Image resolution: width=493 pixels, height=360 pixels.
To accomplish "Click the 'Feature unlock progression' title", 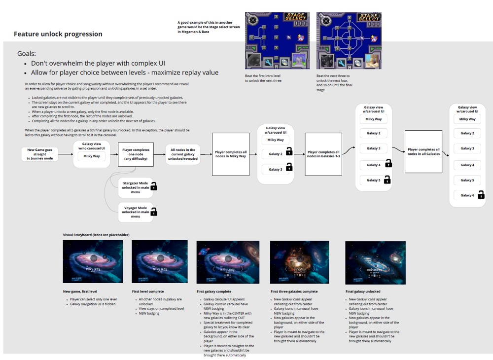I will [58, 34].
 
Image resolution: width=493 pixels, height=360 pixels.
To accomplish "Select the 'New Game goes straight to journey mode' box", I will [40, 154].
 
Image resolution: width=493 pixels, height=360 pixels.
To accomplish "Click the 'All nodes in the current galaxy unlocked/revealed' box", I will [183, 154].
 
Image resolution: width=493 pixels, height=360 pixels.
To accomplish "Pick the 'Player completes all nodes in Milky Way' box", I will [231, 154].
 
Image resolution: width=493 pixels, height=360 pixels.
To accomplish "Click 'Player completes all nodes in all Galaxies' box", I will [423, 151].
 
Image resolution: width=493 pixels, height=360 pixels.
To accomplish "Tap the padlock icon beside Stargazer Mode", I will [154, 186].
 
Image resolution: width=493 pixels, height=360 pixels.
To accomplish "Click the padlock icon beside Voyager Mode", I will [154, 212].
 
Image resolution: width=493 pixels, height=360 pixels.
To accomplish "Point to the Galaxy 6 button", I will [467, 195].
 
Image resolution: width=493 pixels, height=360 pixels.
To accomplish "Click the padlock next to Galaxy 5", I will [387, 180].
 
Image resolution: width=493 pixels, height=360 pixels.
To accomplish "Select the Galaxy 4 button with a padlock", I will [373, 165].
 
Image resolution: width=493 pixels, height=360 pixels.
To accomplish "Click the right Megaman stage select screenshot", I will [348, 40].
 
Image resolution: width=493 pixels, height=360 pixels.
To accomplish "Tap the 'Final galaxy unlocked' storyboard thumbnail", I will [375, 263].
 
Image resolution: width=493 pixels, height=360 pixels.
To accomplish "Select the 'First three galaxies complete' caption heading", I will [294, 291].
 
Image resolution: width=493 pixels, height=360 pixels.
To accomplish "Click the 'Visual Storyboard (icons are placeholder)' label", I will [96, 235].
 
